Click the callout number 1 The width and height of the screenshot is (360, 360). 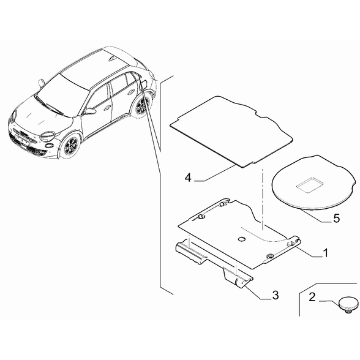click(x=325, y=253)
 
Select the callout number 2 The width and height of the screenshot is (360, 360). click(x=312, y=297)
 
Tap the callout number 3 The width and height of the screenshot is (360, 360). click(x=276, y=295)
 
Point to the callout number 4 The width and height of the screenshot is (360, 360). click(x=188, y=178)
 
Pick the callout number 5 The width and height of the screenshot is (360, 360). click(x=336, y=219)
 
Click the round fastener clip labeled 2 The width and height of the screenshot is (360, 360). click(x=348, y=304)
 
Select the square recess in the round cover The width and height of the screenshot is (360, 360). click(x=310, y=184)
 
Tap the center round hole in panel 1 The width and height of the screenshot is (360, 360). click(x=242, y=239)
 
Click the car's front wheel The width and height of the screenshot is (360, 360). click(x=72, y=146)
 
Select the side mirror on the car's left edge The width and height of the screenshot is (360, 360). click(x=41, y=83)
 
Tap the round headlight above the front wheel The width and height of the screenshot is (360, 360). click(x=47, y=137)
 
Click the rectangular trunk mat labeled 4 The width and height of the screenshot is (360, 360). click(x=231, y=132)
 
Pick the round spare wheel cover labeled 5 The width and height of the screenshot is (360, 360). click(x=314, y=182)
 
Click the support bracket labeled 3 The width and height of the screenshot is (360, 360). click(x=214, y=263)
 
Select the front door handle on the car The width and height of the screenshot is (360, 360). click(x=108, y=108)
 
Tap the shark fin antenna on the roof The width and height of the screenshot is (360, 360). click(x=112, y=59)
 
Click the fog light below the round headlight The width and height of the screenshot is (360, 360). click(x=49, y=145)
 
